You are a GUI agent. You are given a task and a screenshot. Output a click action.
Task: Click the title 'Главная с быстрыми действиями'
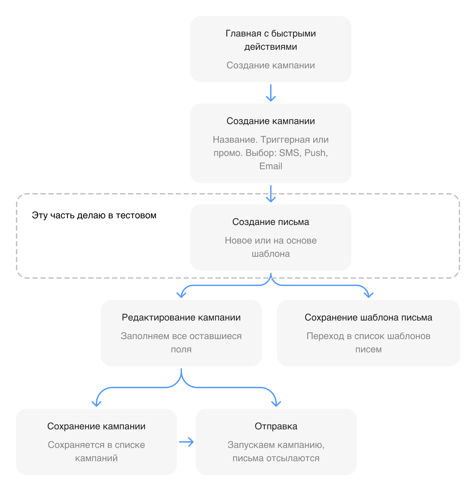pos(271,40)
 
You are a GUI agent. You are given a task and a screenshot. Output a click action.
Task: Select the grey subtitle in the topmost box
pos(271,65)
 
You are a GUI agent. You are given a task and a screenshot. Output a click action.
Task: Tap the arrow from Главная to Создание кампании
pos(271,93)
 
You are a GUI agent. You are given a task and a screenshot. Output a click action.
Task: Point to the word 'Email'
pos(271,166)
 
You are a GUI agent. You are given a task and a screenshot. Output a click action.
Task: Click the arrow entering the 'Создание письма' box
pos(271,194)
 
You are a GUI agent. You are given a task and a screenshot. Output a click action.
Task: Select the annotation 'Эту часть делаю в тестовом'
pos(94,215)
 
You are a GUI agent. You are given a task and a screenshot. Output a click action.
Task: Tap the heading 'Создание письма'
pos(271,222)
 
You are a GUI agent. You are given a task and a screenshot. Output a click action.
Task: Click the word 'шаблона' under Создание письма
pos(271,254)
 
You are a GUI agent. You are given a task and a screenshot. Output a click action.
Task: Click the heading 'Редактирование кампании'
pos(181,318)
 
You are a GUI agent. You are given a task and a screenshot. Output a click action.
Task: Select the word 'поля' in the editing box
pos(181,349)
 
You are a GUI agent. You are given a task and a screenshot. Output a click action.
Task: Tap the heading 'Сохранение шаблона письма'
pos(369,318)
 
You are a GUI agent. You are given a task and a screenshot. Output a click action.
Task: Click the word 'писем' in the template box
pos(369,349)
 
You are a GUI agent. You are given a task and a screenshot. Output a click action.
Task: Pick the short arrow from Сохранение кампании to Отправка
pos(186,442)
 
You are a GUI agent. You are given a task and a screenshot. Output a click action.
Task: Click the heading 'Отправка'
pos(276,426)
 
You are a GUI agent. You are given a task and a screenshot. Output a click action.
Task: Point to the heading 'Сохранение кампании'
pos(96,426)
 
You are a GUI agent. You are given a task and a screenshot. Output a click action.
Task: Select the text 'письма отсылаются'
pos(276,458)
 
